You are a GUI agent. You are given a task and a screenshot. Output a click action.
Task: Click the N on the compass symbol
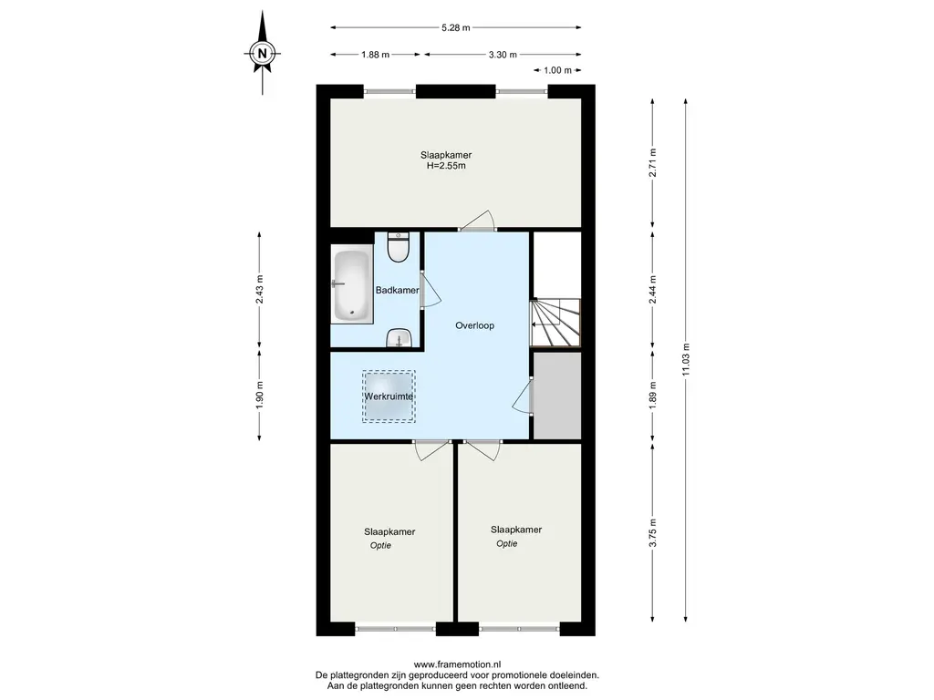[262, 53]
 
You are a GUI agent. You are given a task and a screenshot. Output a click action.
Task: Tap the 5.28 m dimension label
[456, 27]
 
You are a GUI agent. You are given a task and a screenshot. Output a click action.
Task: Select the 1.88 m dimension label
[375, 55]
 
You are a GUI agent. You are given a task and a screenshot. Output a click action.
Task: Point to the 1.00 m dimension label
[557, 70]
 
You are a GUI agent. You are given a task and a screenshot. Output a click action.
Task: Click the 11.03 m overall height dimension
[686, 359]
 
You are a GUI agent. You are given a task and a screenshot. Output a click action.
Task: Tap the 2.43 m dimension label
[259, 289]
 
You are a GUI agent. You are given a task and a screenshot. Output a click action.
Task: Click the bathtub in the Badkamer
[351, 285]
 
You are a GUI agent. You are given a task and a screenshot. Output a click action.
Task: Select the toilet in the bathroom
[398, 247]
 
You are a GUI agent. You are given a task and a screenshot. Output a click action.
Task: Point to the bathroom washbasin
[398, 338]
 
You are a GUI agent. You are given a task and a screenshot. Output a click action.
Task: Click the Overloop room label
[474, 325]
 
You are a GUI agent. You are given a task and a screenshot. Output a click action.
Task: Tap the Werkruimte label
[389, 396]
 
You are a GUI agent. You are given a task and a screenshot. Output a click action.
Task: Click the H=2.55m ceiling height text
[446, 166]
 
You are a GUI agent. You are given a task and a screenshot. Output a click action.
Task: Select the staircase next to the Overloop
[555, 322]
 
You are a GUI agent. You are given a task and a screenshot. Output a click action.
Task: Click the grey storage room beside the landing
[557, 396]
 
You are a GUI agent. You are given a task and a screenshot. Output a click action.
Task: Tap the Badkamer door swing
[431, 290]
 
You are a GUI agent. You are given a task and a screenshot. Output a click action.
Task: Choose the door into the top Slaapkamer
[478, 221]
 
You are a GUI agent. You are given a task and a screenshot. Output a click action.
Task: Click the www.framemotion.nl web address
[458, 664]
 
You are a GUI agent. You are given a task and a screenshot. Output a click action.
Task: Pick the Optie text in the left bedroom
[380, 545]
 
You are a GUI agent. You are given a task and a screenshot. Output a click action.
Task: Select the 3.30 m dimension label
[503, 55]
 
